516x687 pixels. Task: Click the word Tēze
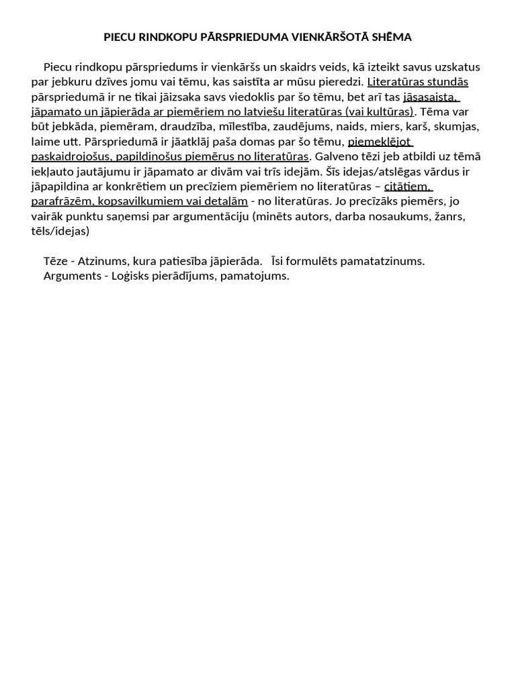[56, 261]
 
